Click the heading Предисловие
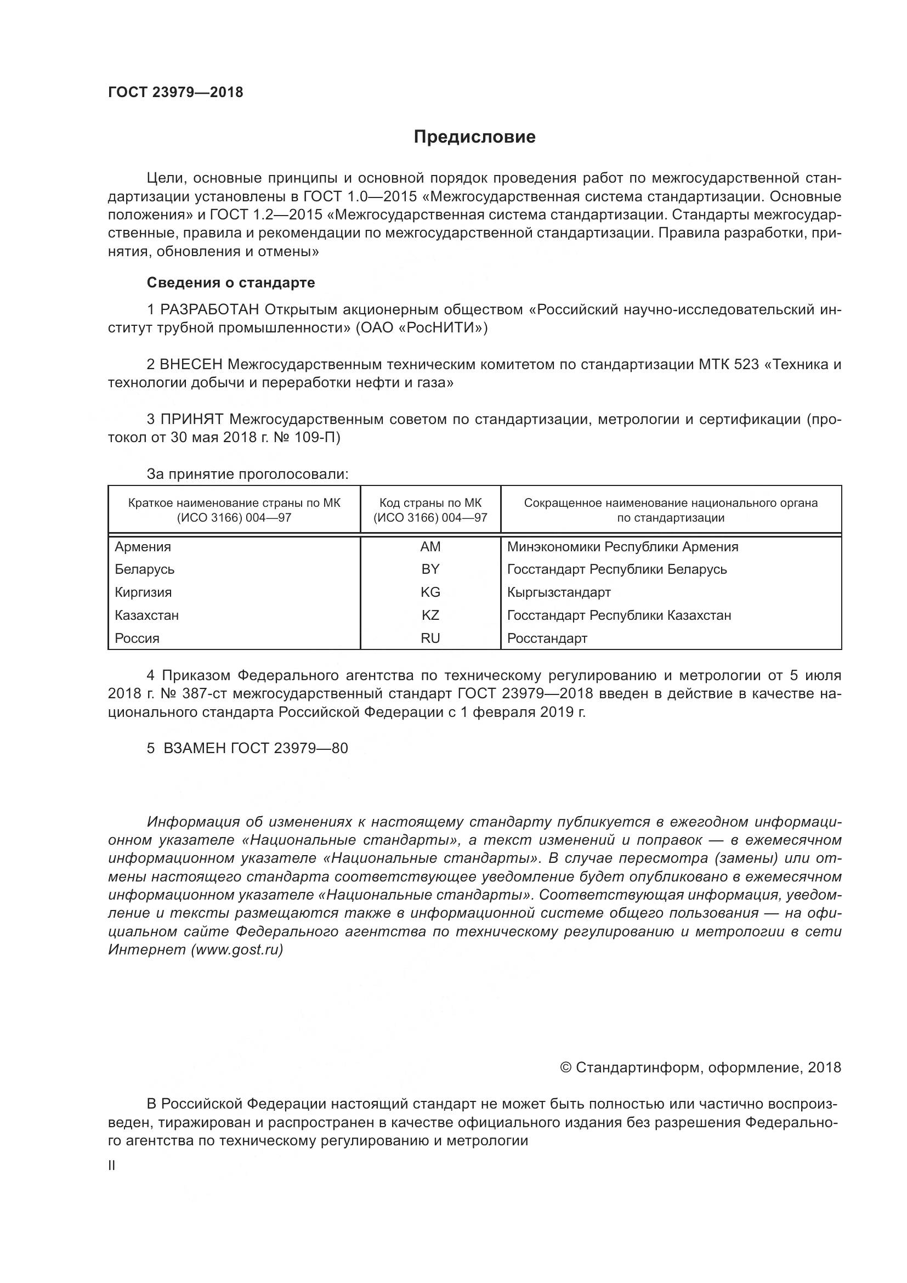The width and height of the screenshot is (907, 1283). [474, 137]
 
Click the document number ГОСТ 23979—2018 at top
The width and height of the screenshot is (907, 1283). [175, 93]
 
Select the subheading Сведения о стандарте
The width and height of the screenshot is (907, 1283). [231, 282]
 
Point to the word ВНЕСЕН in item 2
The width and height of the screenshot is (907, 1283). [191, 365]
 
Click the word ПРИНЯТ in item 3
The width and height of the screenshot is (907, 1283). [192, 420]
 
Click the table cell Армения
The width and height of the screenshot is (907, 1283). [143, 547]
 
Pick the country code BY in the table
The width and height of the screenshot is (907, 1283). [430, 569]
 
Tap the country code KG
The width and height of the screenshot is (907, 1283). [430, 592]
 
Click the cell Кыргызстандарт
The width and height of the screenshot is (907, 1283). [558, 592]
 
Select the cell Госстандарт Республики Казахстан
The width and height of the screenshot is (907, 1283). [619, 616]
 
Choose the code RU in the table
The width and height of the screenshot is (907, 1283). [430, 638]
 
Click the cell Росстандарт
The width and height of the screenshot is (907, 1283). [547, 638]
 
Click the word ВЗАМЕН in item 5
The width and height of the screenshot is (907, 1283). [193, 748]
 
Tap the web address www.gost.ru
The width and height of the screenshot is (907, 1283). [237, 949]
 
